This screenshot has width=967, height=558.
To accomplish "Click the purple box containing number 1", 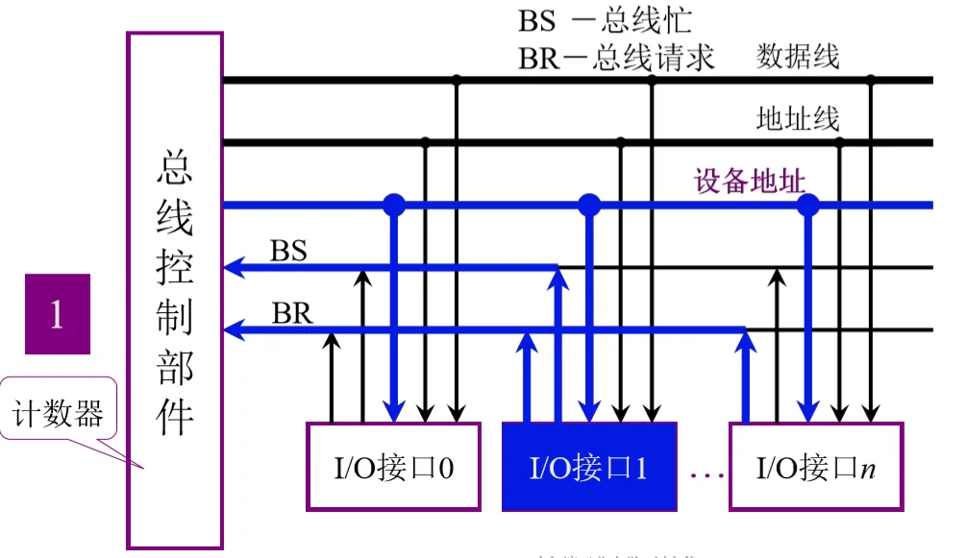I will pyautogui.click(x=57, y=314).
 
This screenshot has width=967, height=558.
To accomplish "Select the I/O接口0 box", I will pyautogui.click(x=393, y=467).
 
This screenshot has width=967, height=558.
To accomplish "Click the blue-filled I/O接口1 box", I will pyautogui.click(x=588, y=467).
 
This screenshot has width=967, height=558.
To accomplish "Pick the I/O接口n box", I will pyautogui.click(x=816, y=467).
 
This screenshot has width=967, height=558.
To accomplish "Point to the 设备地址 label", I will pyautogui.click(x=750, y=180).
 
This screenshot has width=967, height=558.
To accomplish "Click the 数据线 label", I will pyautogui.click(x=798, y=57).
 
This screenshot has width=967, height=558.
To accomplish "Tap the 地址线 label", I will pyautogui.click(x=798, y=119).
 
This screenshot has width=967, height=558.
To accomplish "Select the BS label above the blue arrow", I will pyautogui.click(x=288, y=251).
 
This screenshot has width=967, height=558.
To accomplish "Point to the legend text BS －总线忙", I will pyautogui.click(x=605, y=20).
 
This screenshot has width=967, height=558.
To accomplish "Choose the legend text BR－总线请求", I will pyautogui.click(x=616, y=57).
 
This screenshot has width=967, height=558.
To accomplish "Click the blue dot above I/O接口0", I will pyautogui.click(x=393, y=204).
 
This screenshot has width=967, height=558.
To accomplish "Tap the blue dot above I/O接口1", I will pyautogui.click(x=589, y=204).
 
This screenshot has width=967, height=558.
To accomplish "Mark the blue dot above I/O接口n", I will pyautogui.click(x=808, y=204).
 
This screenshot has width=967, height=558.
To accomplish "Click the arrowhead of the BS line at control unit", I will pyautogui.click(x=233, y=267).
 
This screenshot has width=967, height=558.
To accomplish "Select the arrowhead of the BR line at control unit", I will pyautogui.click(x=233, y=330).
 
